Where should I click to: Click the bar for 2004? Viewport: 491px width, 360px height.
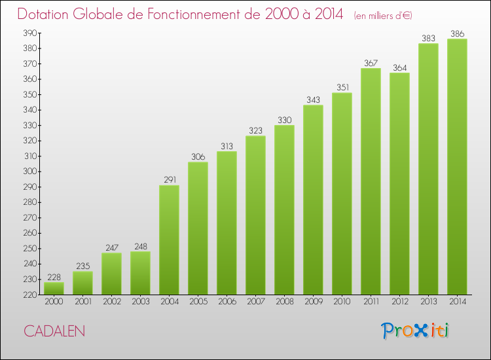click(169, 240)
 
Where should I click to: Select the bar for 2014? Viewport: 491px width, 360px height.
click(457, 166)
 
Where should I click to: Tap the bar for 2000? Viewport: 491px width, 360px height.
click(54, 287)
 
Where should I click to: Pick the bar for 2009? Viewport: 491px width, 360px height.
click(313, 200)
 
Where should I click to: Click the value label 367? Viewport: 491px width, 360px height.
click(371, 63)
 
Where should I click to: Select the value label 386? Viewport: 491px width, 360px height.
click(457, 33)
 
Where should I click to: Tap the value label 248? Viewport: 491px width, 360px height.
click(140, 246)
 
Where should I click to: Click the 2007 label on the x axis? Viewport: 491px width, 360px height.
click(255, 302)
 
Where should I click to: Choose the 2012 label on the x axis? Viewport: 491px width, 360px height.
click(399, 302)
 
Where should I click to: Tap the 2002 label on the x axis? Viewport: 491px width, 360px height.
click(111, 302)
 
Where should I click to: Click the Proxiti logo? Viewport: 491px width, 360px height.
click(415, 331)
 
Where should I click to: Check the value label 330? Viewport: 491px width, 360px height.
click(284, 120)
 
